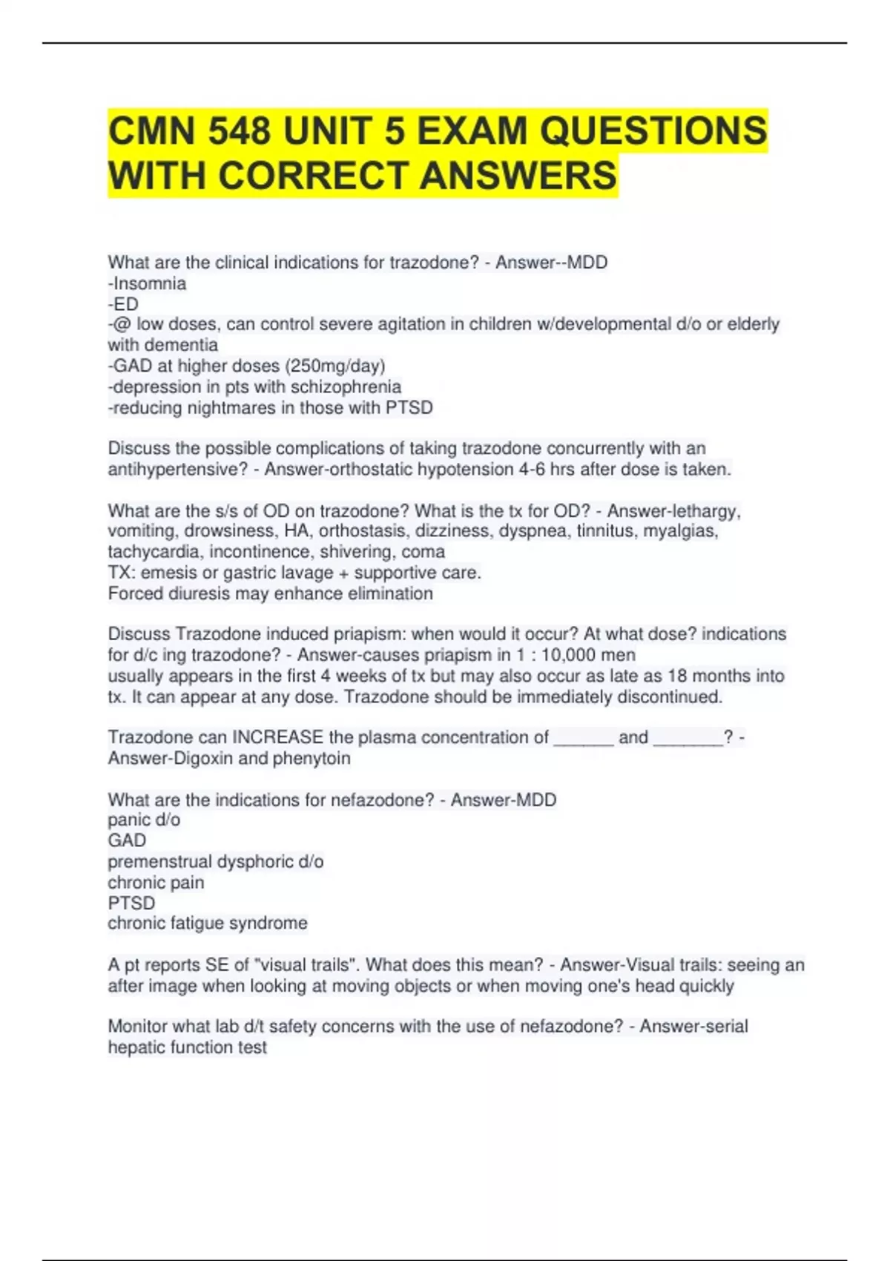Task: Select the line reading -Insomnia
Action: coord(147,283)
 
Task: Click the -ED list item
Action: coord(123,304)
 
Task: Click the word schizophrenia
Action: coord(346,386)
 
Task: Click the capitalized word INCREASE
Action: coord(278,737)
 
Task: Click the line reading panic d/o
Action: coord(144,820)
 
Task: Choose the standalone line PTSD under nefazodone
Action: coord(131,903)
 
